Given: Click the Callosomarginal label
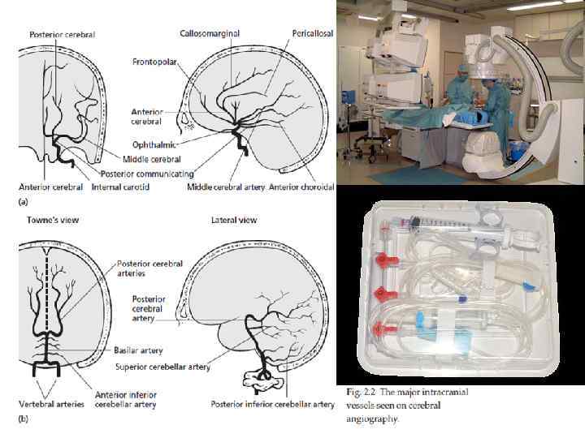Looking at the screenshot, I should click(209, 33).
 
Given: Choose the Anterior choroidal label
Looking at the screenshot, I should click(302, 187).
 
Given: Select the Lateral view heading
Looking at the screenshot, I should click(234, 221).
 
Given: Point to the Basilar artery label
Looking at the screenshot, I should click(141, 350).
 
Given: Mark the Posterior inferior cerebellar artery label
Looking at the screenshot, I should click(272, 403).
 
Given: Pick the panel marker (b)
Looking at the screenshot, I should click(25, 419).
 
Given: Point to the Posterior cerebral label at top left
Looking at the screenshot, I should click(63, 35).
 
